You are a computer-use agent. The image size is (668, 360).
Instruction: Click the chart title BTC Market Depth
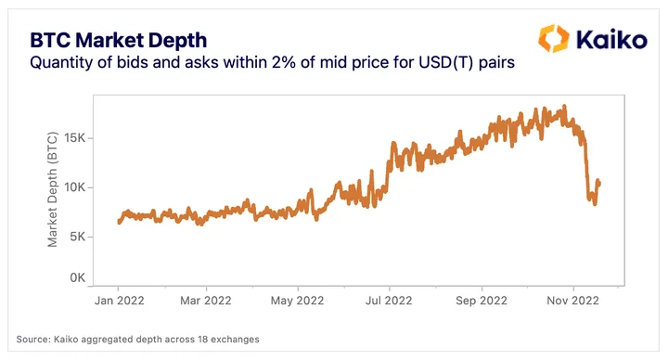point(119,41)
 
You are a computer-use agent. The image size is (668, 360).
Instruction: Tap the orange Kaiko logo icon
point(553,38)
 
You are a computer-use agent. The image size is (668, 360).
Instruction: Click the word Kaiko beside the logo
point(611,40)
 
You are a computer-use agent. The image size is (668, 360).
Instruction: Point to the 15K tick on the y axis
point(74,138)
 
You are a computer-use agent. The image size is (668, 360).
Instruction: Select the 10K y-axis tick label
point(74,187)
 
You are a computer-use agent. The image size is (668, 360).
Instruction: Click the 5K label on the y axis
point(78,237)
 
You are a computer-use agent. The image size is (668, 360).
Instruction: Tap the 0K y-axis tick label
point(78,277)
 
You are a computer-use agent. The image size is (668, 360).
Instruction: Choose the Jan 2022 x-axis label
point(120,301)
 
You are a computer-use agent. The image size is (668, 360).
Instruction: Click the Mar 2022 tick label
point(206,301)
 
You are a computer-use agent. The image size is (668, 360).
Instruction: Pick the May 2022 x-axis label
point(298,301)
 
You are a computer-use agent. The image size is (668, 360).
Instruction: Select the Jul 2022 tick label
point(389,301)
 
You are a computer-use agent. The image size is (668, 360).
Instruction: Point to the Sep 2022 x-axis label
point(482,301)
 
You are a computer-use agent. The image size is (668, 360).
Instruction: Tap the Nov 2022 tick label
point(573,301)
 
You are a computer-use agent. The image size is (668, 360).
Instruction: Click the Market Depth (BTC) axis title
point(52,189)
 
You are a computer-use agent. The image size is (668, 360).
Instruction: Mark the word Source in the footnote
point(32,340)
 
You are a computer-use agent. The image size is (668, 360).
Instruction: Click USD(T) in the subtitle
point(446,62)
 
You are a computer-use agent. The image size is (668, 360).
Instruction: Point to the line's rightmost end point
point(599,184)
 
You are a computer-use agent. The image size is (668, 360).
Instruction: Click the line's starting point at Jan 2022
point(119,221)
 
